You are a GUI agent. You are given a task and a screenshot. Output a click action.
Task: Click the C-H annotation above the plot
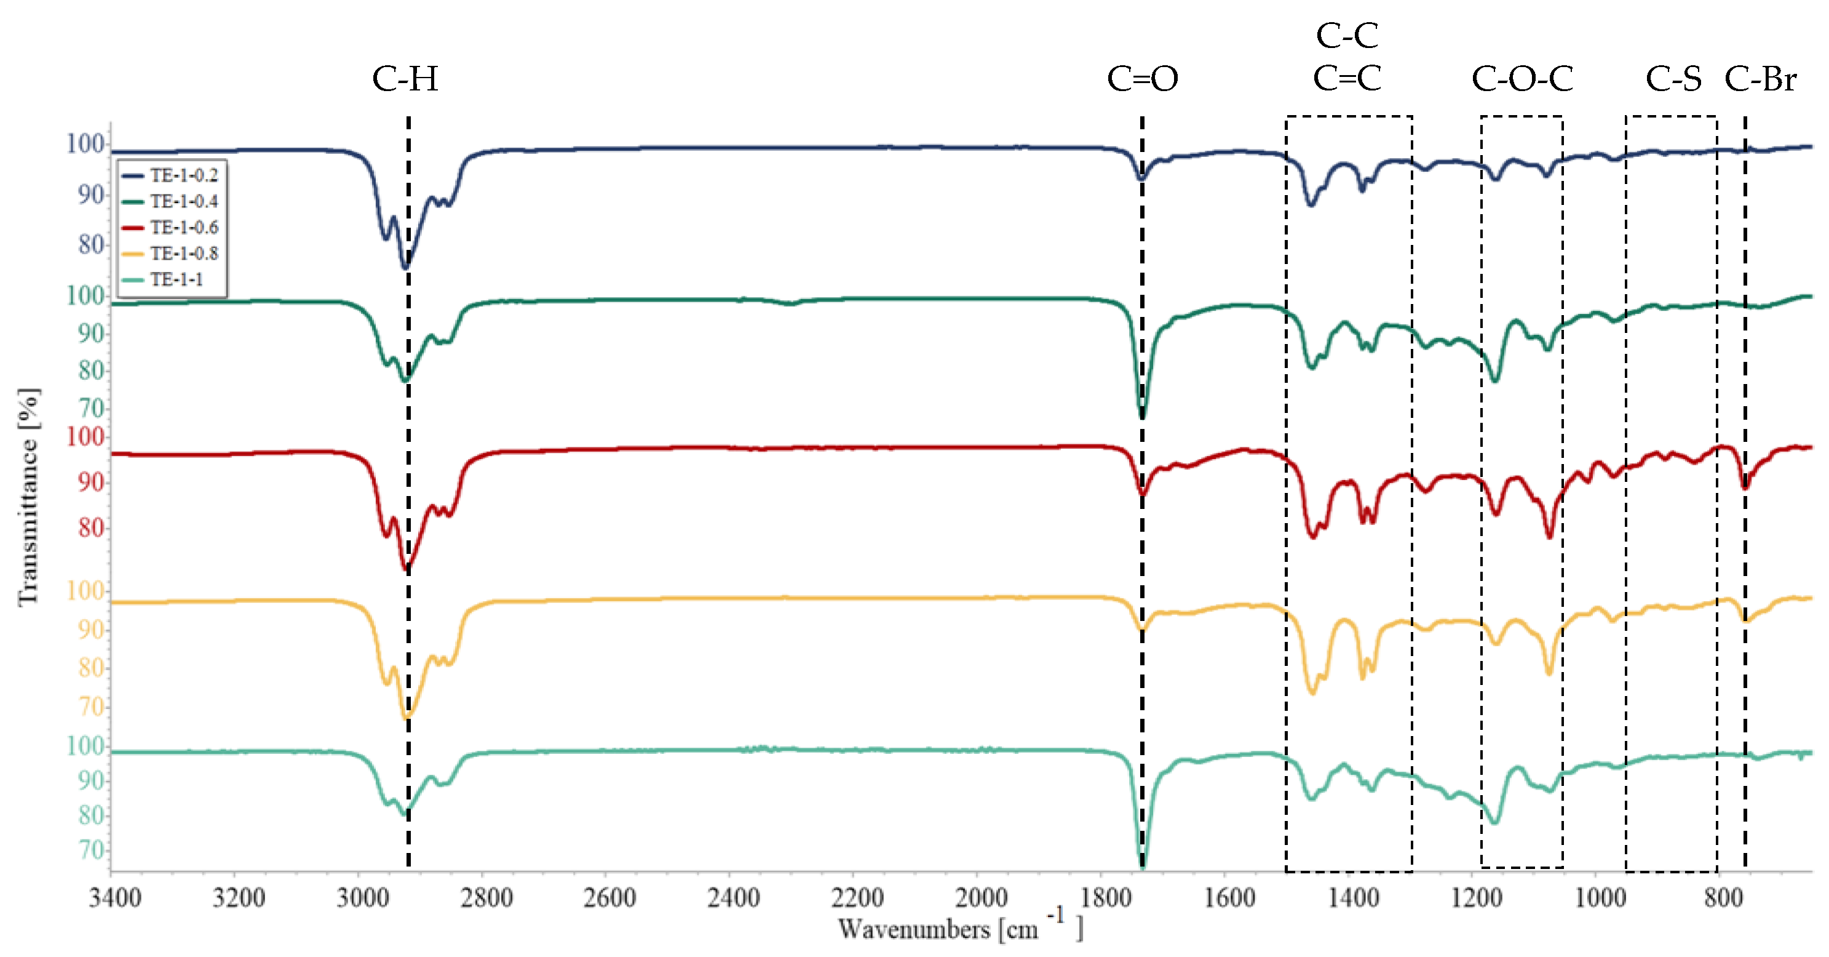click(405, 79)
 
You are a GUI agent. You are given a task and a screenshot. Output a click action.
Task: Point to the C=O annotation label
click(1143, 79)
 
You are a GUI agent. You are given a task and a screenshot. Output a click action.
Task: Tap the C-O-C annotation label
click(1522, 79)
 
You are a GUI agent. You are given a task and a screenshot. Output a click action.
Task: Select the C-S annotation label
click(1673, 79)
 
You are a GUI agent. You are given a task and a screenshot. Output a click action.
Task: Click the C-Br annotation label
click(1761, 79)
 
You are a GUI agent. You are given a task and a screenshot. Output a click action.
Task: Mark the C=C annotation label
click(1347, 78)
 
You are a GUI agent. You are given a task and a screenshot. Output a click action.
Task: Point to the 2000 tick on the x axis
click(980, 898)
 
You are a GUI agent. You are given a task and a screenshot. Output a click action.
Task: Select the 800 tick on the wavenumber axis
click(1723, 898)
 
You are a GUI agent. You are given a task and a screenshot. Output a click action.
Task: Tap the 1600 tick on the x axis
click(1229, 898)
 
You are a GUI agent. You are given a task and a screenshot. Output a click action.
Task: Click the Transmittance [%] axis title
click(28, 497)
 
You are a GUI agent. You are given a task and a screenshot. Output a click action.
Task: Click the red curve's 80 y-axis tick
click(91, 528)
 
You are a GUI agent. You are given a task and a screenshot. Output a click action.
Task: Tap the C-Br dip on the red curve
click(1745, 486)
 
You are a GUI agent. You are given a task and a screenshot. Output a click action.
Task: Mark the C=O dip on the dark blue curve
click(1141, 177)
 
